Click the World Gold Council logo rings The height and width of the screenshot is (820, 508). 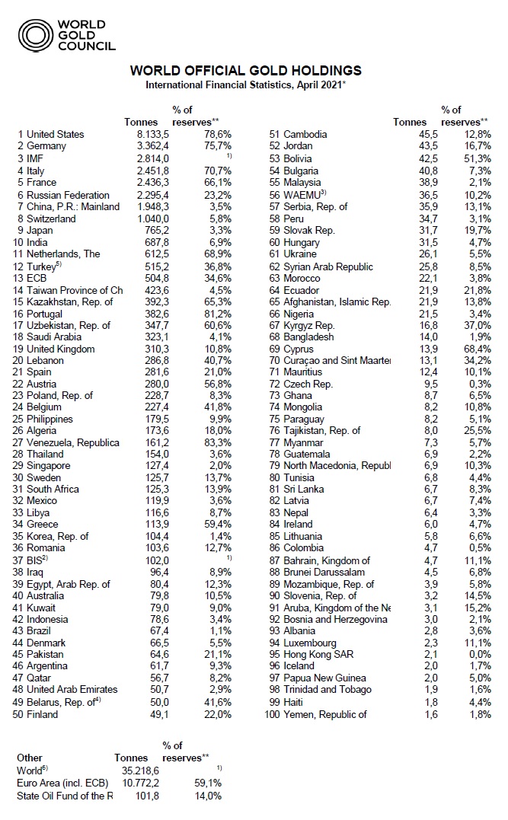[x=34, y=35]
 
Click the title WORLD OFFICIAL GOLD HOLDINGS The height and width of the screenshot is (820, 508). [x=245, y=71]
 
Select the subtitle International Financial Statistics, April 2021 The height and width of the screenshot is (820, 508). [x=245, y=85]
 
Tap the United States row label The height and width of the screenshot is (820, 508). [x=55, y=134]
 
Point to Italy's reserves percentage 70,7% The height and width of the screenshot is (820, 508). [x=216, y=171]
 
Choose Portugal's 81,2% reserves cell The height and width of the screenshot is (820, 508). [x=216, y=313]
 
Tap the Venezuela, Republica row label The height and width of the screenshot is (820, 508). [x=72, y=443]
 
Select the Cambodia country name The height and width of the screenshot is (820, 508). [x=305, y=134]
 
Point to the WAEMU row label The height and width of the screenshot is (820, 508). [x=304, y=194]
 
